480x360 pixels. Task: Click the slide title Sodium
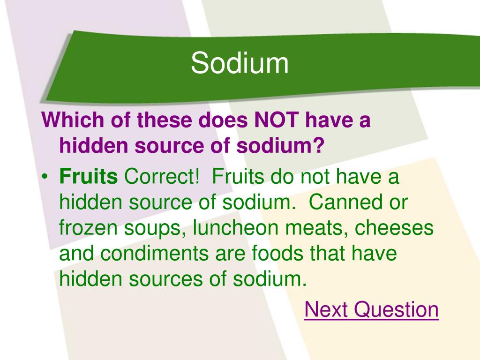[x=240, y=63]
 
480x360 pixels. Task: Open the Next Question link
[x=371, y=309]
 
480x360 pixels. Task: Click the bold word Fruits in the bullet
[x=89, y=176]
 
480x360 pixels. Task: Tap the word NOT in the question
[x=277, y=120]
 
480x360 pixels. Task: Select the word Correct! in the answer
[x=162, y=176]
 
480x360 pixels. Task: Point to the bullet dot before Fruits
[x=45, y=177]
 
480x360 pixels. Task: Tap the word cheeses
[x=394, y=228]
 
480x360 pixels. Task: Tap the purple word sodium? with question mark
[x=280, y=145]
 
